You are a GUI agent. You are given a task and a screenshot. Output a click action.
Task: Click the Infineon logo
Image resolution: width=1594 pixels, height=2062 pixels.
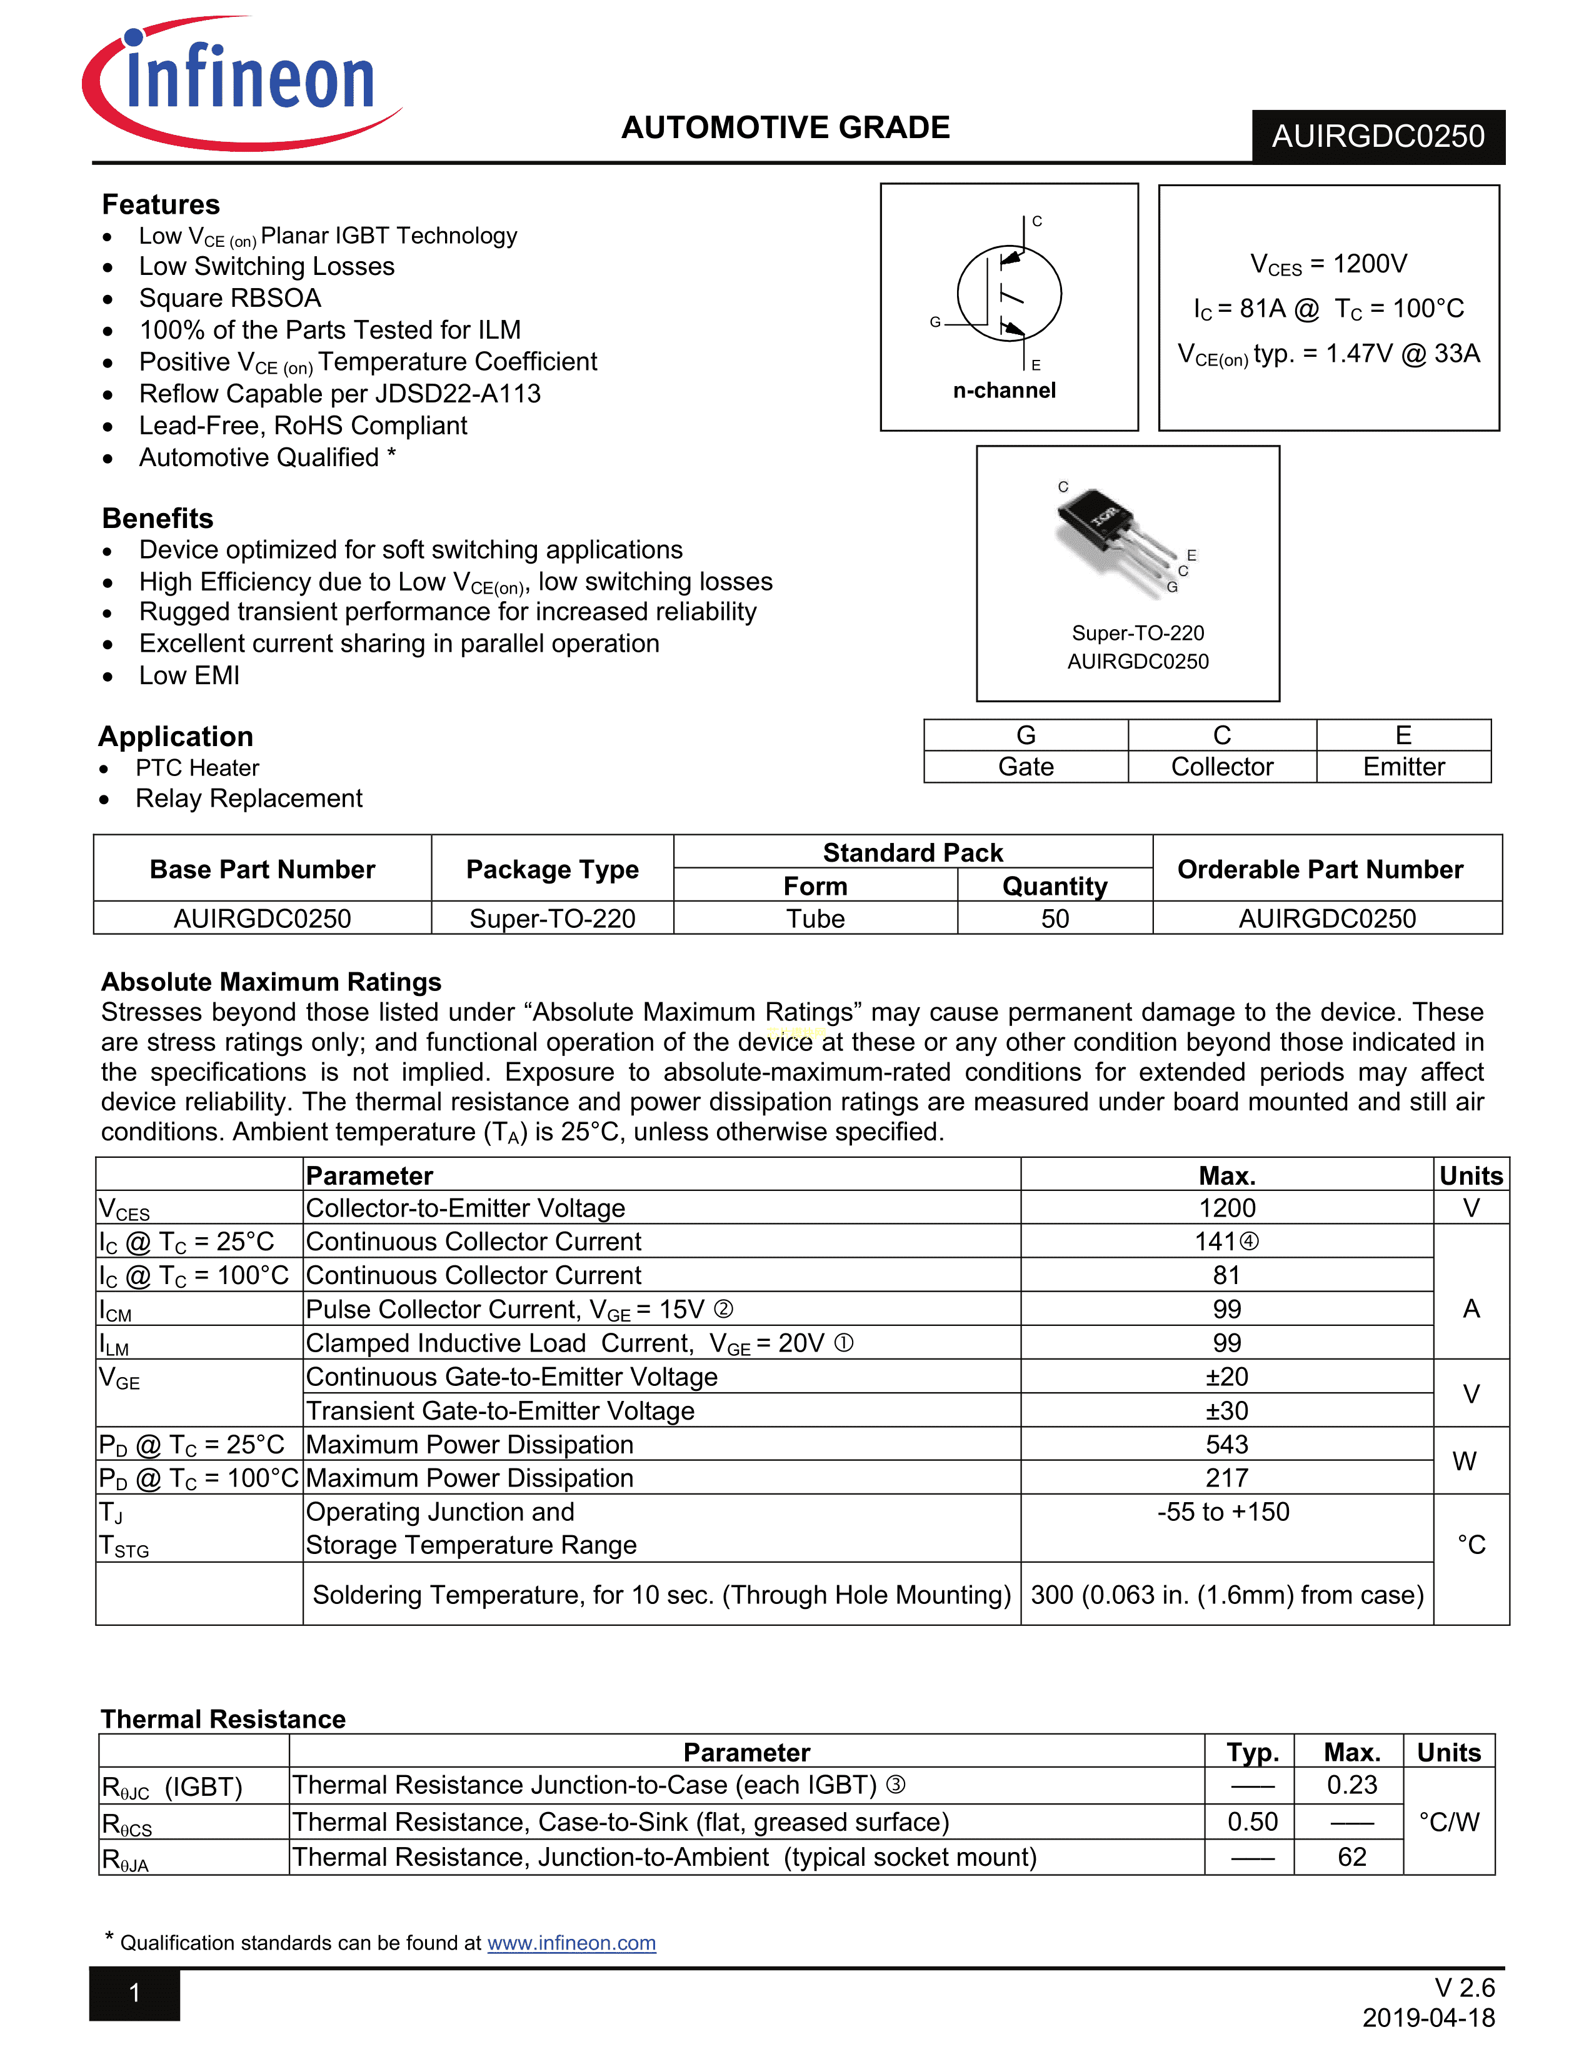point(244,83)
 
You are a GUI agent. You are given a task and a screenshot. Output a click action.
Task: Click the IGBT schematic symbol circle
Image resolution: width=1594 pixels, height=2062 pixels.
point(1008,294)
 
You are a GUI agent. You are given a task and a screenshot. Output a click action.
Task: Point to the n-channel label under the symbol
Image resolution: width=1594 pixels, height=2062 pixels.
point(1004,391)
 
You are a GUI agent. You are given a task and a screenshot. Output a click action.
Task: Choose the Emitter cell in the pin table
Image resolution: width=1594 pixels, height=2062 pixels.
point(1403,767)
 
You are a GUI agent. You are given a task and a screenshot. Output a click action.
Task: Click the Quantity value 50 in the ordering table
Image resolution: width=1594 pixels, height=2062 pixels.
point(1055,919)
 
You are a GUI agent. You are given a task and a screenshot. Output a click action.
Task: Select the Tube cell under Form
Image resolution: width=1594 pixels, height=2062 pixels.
point(815,919)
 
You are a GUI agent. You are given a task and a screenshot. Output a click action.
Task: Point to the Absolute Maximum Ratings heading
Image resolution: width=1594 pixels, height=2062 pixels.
point(271,982)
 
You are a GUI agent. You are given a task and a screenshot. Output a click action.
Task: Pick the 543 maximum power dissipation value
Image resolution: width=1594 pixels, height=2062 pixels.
point(1226,1445)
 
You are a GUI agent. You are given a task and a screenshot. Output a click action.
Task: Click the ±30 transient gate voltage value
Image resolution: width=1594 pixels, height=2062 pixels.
point(1226,1410)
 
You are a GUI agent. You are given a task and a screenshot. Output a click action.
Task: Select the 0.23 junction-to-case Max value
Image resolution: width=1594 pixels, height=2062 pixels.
point(1351,1785)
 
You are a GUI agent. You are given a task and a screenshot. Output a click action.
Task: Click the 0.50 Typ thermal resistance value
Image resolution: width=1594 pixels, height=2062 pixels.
point(1252,1822)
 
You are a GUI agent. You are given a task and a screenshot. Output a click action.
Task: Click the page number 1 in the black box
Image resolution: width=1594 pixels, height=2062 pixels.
point(135,1993)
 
